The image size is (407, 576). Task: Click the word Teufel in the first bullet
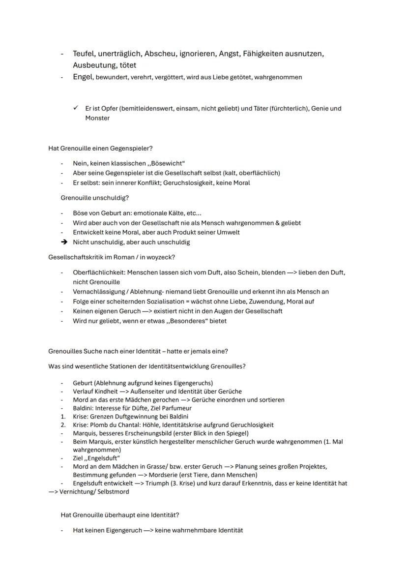pyautogui.click(x=85, y=53)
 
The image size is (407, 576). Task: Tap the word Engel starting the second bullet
pyautogui.click(x=83, y=77)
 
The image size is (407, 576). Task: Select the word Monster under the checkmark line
pyautogui.click(x=97, y=118)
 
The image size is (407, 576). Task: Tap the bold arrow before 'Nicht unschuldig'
pyautogui.click(x=63, y=242)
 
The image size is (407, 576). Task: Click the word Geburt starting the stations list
pyautogui.click(x=83, y=383)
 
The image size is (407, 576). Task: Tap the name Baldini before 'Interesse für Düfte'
pyautogui.click(x=83, y=408)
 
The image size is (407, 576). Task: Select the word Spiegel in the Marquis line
pyautogui.click(x=237, y=433)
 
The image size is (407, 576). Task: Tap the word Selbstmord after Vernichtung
pyautogui.click(x=114, y=491)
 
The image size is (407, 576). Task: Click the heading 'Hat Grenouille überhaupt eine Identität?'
pyautogui.click(x=120, y=515)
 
